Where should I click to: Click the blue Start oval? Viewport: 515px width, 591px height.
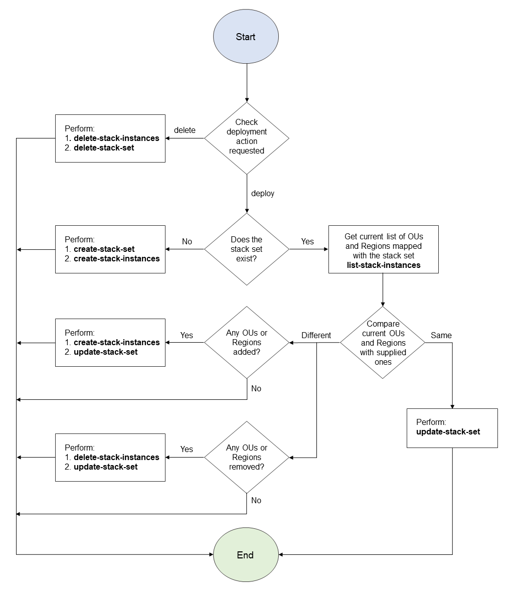(x=246, y=37)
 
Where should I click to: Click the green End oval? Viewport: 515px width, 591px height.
(x=246, y=555)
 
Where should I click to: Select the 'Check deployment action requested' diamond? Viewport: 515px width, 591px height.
(x=247, y=137)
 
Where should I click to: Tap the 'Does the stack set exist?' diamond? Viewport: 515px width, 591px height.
(x=247, y=249)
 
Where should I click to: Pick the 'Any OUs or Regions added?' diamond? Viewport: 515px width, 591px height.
(x=247, y=343)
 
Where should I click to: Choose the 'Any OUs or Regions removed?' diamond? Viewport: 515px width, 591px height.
(x=247, y=457)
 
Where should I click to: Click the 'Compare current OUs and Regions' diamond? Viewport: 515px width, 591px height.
(x=383, y=343)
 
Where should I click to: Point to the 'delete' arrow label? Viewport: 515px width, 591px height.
(x=185, y=130)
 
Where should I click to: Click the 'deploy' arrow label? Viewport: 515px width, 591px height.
(x=263, y=194)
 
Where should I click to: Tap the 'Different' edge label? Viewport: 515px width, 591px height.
(x=316, y=335)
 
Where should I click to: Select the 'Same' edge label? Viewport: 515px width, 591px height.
(x=441, y=335)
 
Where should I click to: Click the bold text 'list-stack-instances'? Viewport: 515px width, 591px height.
(x=384, y=265)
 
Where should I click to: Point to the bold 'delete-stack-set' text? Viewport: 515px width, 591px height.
(x=104, y=148)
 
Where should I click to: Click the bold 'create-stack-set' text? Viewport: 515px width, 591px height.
(x=104, y=249)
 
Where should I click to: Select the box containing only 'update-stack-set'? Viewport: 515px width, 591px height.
(x=452, y=427)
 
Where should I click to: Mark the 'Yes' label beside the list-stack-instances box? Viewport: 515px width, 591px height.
(x=307, y=241)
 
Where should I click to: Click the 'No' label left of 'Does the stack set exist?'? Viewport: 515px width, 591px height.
(x=187, y=241)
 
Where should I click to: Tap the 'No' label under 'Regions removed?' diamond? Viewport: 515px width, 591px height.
(x=256, y=500)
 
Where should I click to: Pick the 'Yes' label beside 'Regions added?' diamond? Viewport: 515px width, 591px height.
(x=187, y=335)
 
